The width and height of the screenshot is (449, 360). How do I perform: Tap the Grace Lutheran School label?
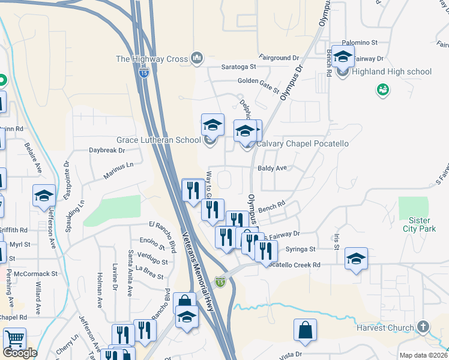(x=158, y=140)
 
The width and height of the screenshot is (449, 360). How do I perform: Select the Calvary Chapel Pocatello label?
(x=303, y=144)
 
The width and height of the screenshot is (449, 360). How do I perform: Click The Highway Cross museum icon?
(x=197, y=58)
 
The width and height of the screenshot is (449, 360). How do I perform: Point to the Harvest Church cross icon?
(x=423, y=328)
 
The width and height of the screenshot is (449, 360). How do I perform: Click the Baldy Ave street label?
(x=272, y=169)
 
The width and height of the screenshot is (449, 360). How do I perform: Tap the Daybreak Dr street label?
(x=106, y=151)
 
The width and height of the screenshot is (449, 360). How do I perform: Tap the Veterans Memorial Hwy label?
(x=200, y=271)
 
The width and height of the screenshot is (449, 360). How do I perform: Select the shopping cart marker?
(x=14, y=340)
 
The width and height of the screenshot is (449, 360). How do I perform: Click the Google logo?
(x=19, y=353)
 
